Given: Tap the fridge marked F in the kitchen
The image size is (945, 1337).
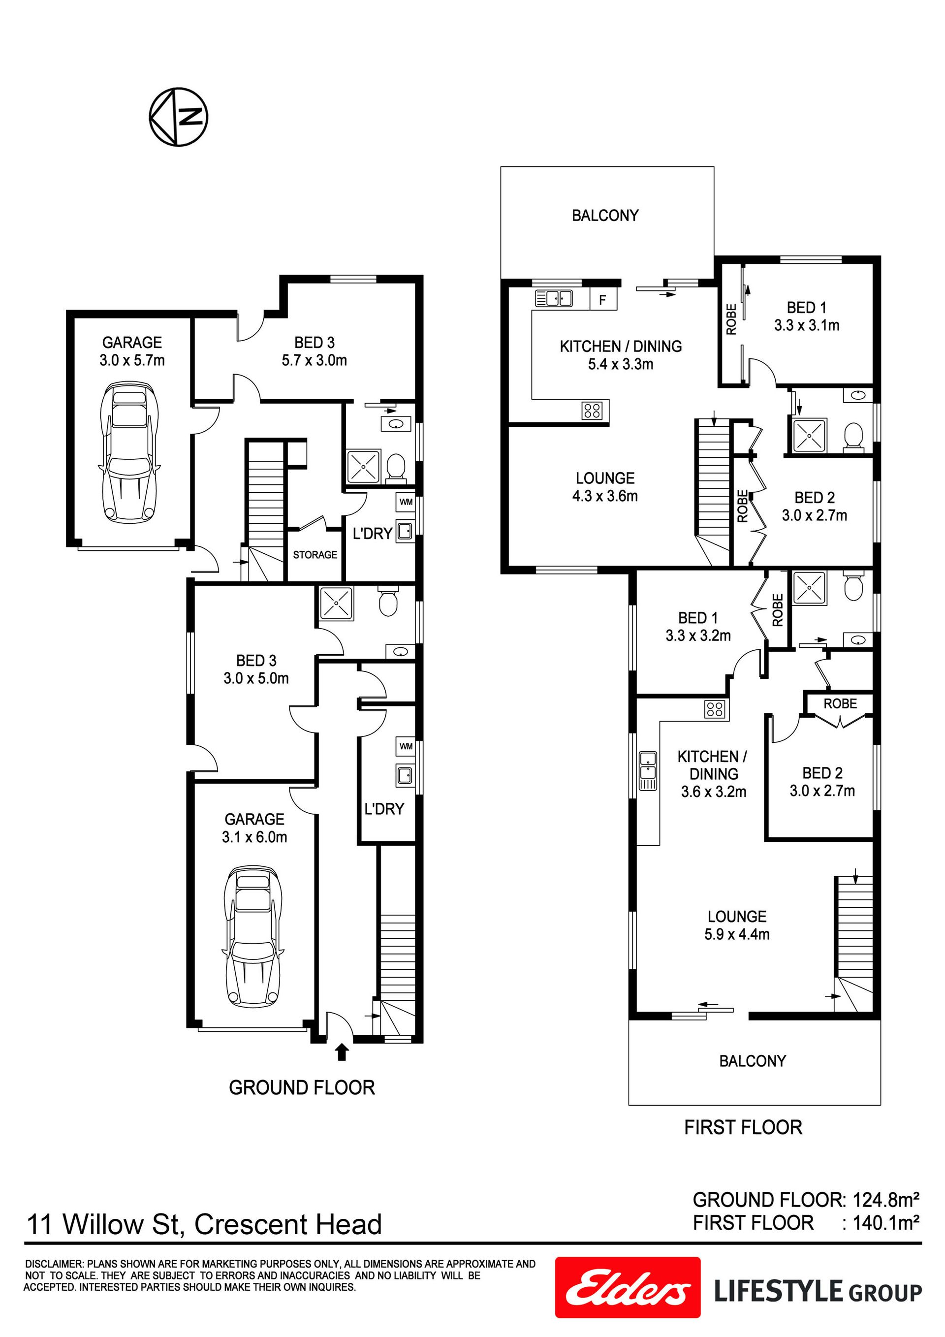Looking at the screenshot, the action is [603, 300].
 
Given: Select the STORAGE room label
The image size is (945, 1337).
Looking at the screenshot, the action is [315, 555].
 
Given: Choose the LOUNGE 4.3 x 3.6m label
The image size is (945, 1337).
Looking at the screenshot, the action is [605, 487].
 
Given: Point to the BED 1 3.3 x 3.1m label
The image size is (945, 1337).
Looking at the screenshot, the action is [806, 316].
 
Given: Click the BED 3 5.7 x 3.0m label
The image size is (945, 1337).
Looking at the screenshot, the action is [315, 351].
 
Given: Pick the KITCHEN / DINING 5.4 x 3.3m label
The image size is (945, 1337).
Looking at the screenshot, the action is [621, 355].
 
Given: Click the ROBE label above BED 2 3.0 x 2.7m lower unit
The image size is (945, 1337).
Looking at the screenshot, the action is [840, 703].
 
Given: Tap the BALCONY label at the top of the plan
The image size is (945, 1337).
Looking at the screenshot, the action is [605, 216].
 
